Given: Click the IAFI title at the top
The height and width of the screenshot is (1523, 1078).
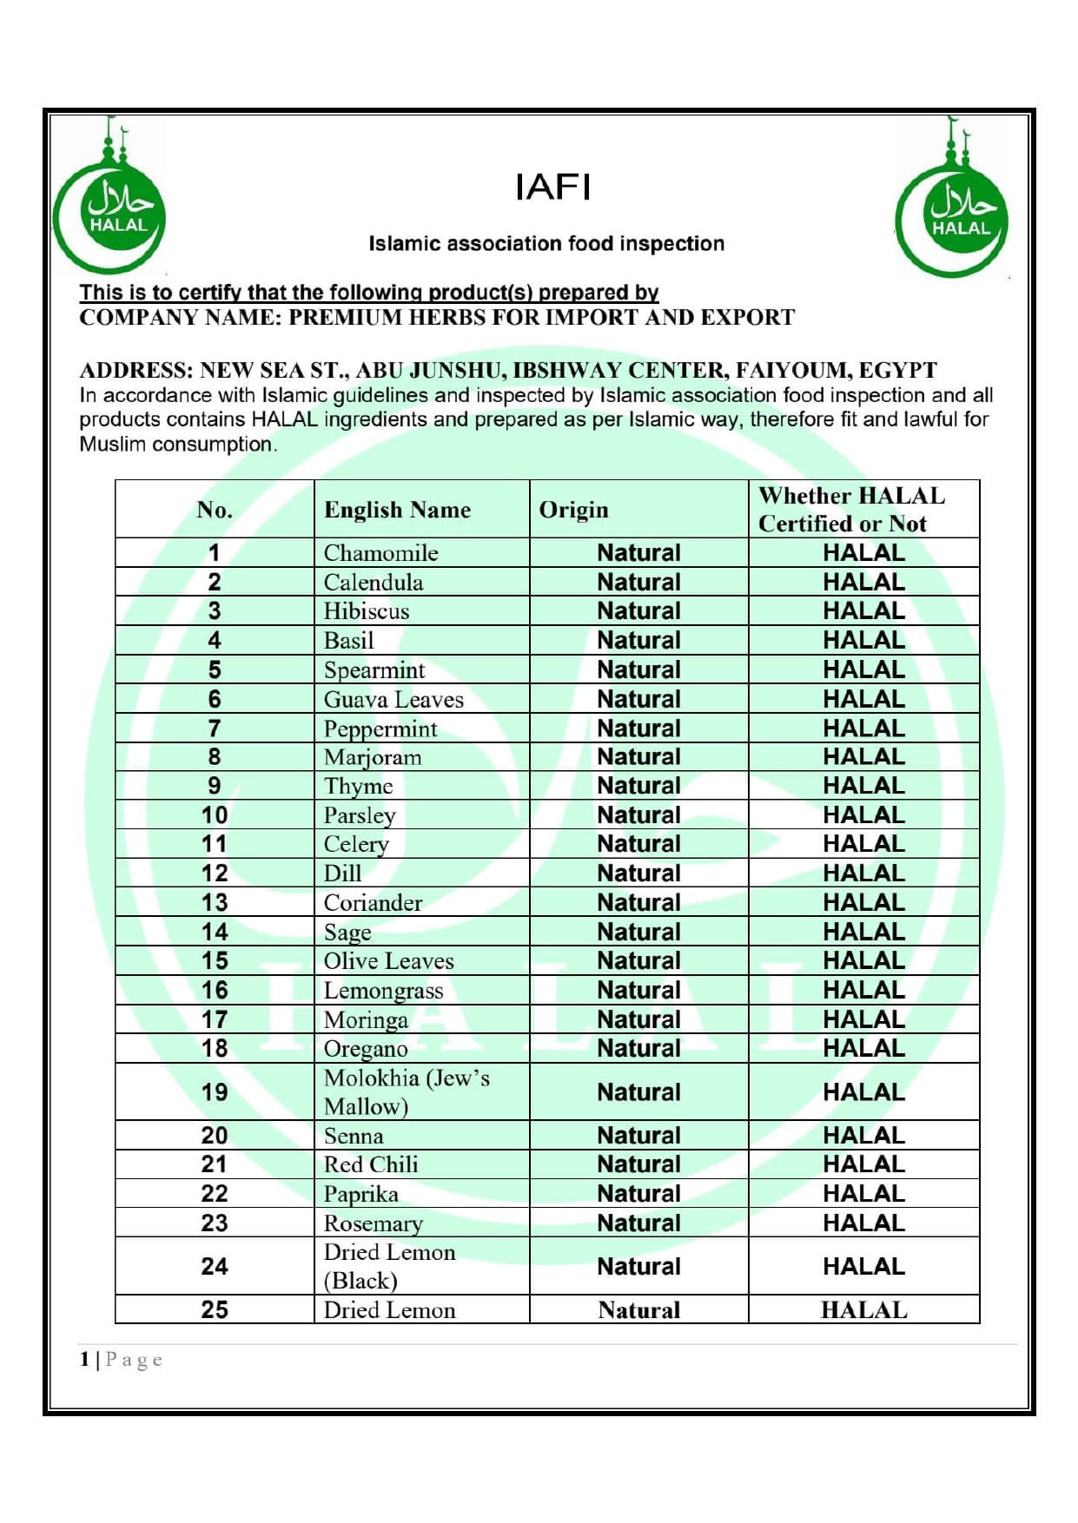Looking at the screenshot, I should (552, 187).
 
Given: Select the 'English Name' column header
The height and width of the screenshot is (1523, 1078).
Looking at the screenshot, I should (397, 510).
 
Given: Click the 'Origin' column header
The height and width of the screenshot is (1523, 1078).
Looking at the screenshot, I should (573, 510).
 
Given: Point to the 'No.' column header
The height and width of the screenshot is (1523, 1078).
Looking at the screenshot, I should (215, 510).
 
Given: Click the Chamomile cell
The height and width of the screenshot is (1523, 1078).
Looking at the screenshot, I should (380, 553).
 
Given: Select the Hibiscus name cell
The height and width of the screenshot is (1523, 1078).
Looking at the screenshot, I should (366, 611).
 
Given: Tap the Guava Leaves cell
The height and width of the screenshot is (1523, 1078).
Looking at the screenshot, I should (394, 699).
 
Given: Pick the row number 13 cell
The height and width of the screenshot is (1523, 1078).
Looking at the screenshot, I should (215, 902).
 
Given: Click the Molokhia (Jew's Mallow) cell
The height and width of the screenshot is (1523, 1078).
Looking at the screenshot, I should (406, 1091).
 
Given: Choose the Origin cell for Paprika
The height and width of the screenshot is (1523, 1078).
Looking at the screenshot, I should (638, 1194).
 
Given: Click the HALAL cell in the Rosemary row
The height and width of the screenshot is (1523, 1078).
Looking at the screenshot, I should (863, 1223).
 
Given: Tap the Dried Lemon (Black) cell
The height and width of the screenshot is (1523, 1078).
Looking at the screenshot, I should (389, 1266).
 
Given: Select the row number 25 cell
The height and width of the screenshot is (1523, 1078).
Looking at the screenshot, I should (215, 1309).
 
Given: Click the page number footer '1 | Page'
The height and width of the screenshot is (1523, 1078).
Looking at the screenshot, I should (121, 1360).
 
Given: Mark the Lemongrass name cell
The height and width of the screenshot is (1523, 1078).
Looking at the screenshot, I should (383, 991).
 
